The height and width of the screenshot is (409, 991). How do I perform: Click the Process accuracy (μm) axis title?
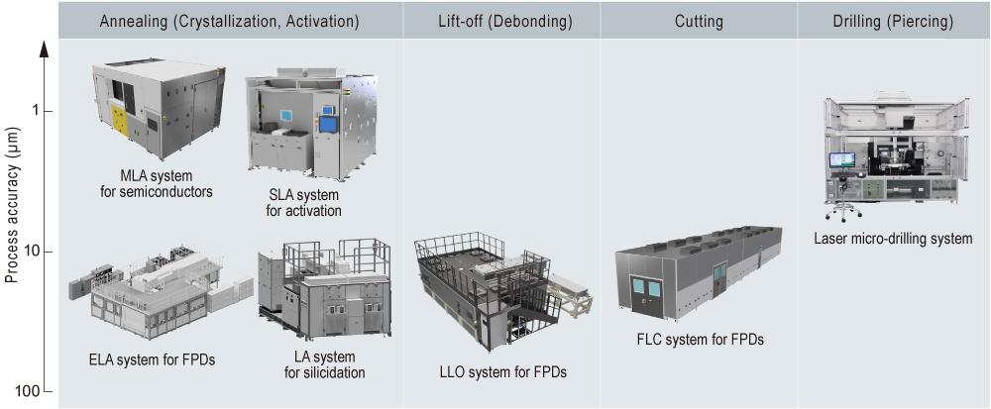click(x=12, y=212)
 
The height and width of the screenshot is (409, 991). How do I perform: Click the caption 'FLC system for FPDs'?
click(x=700, y=340)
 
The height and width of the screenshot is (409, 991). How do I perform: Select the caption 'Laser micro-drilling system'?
click(x=893, y=239)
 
